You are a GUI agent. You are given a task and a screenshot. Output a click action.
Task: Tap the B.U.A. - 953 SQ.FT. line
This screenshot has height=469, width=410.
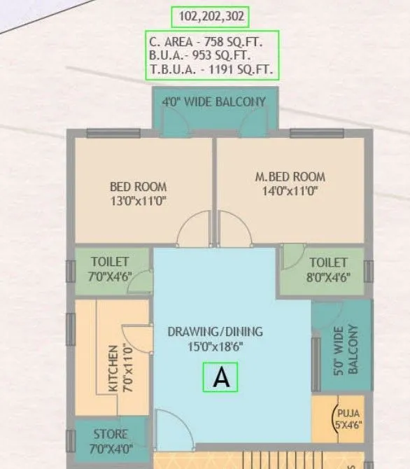click(200, 55)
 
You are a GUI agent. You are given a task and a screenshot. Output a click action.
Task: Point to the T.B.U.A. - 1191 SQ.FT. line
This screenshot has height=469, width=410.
click(210, 69)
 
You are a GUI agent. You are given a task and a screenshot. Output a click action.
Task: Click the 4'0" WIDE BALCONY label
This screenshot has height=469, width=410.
click(214, 102)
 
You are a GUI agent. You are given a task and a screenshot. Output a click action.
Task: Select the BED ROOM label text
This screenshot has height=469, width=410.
click(139, 186)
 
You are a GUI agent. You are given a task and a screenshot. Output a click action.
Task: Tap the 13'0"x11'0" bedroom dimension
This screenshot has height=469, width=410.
click(139, 200)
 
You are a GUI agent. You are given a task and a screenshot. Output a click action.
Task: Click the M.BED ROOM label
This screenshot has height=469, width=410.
click(290, 176)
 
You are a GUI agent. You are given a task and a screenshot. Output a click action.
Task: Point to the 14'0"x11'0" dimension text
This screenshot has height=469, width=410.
click(290, 190)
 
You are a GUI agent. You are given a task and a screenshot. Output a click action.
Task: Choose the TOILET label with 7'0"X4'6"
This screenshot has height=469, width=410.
click(110, 262)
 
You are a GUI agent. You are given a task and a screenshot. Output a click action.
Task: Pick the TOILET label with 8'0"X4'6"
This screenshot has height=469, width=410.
click(329, 262)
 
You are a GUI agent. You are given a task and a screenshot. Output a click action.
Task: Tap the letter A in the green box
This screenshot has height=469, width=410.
click(221, 378)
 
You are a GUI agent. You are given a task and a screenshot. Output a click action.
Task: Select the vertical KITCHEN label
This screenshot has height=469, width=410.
click(113, 367)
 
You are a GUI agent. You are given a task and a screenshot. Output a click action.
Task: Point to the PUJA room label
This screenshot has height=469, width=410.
click(348, 413)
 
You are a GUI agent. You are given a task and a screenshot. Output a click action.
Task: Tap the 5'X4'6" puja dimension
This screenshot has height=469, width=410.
click(348, 424)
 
